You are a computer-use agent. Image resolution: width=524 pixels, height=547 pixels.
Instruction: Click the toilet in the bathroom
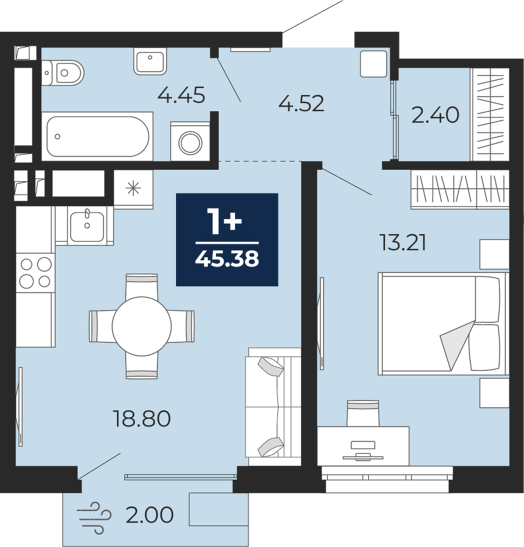(63, 72)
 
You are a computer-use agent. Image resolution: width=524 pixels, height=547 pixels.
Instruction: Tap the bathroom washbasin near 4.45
(151, 61)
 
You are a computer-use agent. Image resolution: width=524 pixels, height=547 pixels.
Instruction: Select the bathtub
(98, 136)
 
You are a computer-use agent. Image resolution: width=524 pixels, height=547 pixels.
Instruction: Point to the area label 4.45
(181, 95)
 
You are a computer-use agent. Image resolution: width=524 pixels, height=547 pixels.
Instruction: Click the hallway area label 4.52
(302, 104)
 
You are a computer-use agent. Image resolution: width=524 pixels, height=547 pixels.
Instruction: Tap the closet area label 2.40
(435, 115)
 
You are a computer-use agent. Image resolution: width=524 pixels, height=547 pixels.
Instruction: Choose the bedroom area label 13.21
(403, 243)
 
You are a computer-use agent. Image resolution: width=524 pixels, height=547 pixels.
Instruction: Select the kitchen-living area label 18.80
(142, 418)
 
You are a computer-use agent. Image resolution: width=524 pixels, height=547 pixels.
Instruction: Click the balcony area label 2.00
(149, 515)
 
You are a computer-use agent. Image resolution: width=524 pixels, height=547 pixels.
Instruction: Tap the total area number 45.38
(227, 259)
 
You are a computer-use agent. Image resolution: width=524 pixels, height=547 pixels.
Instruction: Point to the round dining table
(141, 326)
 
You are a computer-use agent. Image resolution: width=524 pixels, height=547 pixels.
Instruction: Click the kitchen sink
(87, 226)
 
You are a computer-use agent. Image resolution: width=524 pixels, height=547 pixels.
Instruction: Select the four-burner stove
(35, 273)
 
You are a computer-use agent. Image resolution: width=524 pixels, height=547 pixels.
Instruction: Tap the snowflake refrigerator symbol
(133, 189)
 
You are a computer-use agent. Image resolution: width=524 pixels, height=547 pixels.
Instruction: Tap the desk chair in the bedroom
(362, 413)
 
